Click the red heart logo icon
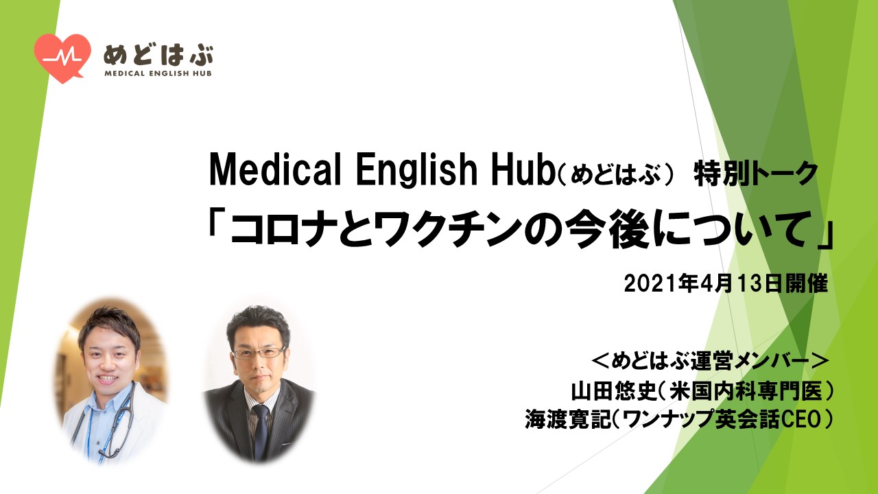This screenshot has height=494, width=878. [62, 57]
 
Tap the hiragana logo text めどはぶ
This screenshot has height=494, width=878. [158, 56]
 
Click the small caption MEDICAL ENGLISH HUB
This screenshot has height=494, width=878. [158, 73]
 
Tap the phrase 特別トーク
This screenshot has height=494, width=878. [756, 174]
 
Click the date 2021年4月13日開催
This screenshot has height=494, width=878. [726, 283]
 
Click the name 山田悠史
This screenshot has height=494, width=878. [614, 390]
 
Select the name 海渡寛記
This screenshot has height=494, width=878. [569, 419]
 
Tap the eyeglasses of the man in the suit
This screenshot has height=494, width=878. [259, 353]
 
